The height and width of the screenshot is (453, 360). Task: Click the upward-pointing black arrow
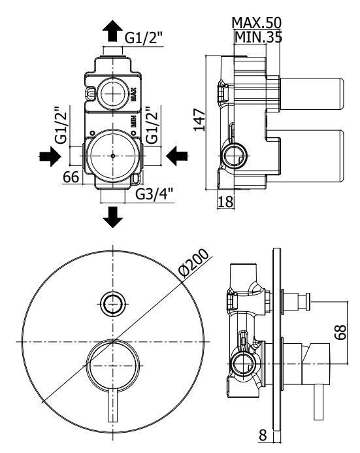[x=112, y=31]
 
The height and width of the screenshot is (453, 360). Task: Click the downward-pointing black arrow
[x=112, y=217]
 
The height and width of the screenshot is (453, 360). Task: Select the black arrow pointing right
[x=50, y=156]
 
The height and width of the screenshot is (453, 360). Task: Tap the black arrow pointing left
[x=176, y=156]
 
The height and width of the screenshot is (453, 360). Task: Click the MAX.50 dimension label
[x=256, y=23]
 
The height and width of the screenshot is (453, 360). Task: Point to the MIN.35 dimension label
[x=258, y=37]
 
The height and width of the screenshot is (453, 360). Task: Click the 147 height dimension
[x=199, y=120]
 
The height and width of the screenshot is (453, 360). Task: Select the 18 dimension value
[x=225, y=201]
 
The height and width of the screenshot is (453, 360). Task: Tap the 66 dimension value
[x=71, y=176]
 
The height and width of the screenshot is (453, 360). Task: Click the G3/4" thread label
[x=154, y=194]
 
